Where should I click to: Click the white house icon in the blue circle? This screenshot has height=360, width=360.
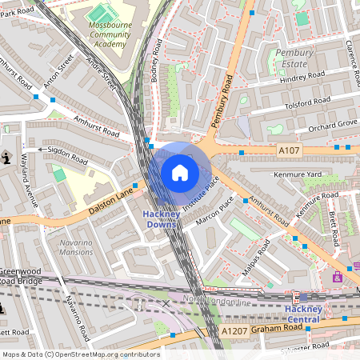point(180,172)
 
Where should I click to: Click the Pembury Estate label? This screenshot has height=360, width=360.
point(294,58)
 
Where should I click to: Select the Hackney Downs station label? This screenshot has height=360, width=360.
point(165,219)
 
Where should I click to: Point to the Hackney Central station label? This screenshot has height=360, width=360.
point(314,314)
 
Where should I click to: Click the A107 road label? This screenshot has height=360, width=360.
point(288,150)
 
